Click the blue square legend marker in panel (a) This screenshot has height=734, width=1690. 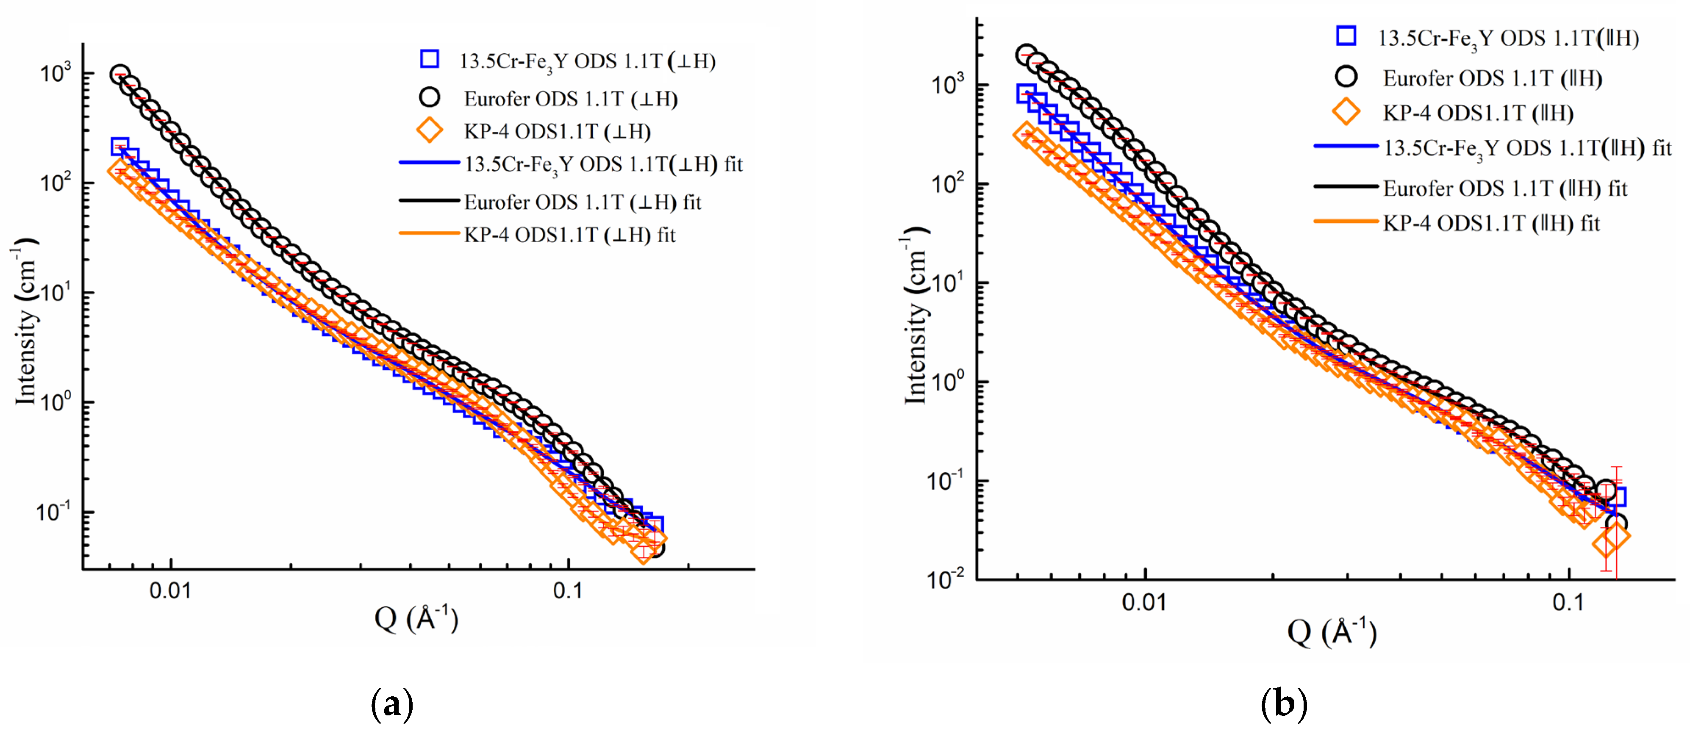pyautogui.click(x=429, y=59)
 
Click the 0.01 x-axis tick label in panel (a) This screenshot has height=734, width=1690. pyautogui.click(x=170, y=591)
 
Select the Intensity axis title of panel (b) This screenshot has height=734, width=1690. pyautogui.click(x=915, y=315)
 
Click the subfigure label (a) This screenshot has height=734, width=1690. pyautogui.click(x=391, y=705)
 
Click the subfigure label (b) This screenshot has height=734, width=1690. pyautogui.click(x=1284, y=705)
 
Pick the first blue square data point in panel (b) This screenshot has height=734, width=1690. pyautogui.click(x=1026, y=93)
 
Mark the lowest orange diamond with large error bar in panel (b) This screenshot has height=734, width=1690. pyautogui.click(x=1607, y=544)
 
